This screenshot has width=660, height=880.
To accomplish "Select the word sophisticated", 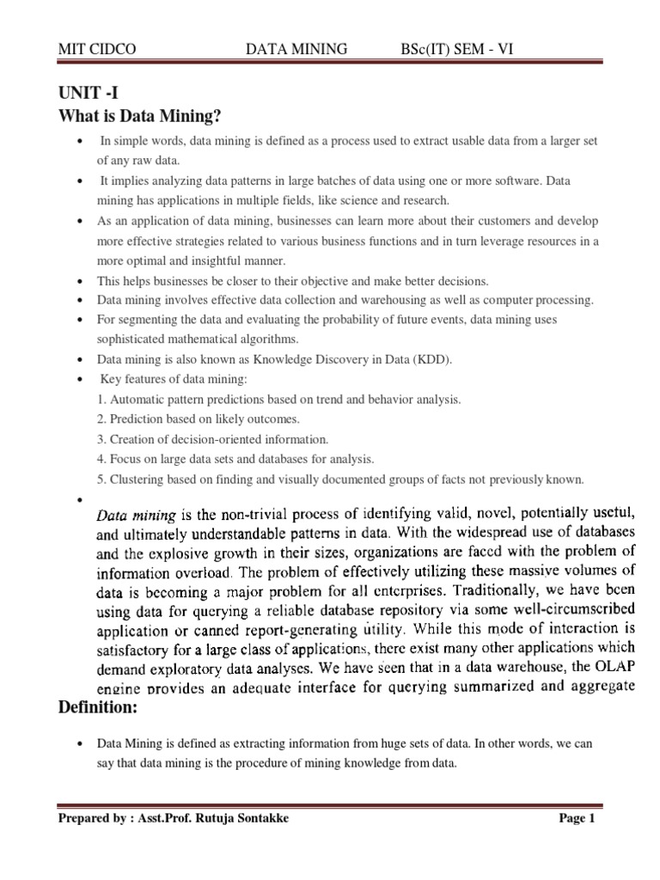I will click(x=134, y=339).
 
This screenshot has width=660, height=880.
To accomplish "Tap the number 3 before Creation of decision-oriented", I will click(x=100, y=438).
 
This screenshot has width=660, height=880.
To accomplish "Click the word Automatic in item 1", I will click(x=134, y=400).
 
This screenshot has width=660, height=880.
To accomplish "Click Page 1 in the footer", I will click(x=577, y=818).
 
